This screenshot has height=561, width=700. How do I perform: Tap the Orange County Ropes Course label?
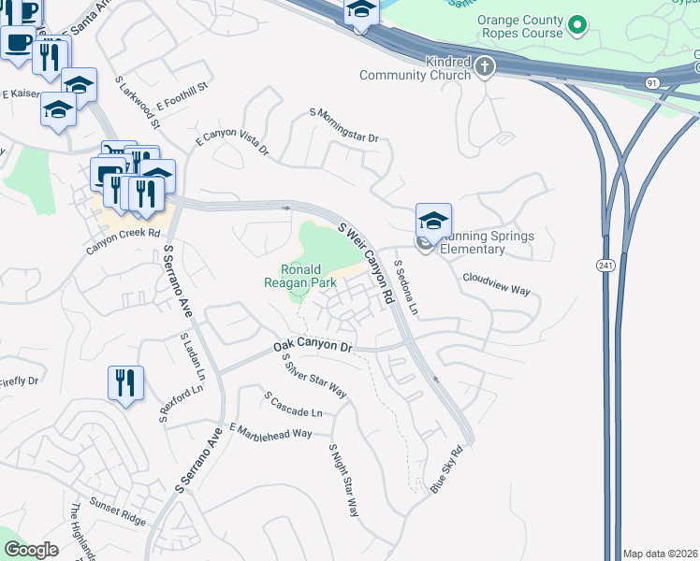(x=520, y=26)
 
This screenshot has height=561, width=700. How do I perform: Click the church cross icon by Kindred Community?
(x=484, y=66)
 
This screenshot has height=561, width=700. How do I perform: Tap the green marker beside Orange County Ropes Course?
(x=578, y=24)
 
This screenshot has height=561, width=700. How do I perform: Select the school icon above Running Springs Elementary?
(x=433, y=221)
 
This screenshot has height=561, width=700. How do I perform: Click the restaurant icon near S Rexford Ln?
(x=124, y=382)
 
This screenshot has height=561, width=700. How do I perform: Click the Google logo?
(x=31, y=550)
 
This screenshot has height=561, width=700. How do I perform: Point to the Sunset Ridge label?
(x=118, y=509)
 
